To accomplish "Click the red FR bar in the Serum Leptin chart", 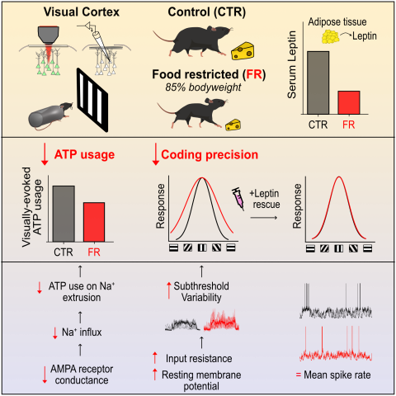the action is pos(349,102).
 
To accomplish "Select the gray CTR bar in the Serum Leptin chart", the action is pos(318,82).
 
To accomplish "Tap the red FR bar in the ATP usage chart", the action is pos(94,222).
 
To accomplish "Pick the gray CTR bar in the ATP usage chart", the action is pos(64,214).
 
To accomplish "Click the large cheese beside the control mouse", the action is pos(243,51).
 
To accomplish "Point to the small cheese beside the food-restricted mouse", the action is pos(233,125).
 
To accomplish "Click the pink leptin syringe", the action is pos(238,199).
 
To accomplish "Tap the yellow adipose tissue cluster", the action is pos(330,37).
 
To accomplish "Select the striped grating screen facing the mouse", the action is pos(92,100).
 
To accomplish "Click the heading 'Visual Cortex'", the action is pos(82,12).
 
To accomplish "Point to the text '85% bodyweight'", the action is pos(203,87).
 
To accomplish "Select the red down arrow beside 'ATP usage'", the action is pos(45,155).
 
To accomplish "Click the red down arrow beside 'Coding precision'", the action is pos(156,155).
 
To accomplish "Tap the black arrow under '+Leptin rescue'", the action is pos(264,218).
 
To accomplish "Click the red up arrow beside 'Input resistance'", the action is pos(155,357).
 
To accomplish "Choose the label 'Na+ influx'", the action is pos(82,332).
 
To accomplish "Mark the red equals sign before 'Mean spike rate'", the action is pos(299,375).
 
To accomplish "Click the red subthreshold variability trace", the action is pos(221,320).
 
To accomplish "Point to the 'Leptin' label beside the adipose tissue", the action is pos(365,36).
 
